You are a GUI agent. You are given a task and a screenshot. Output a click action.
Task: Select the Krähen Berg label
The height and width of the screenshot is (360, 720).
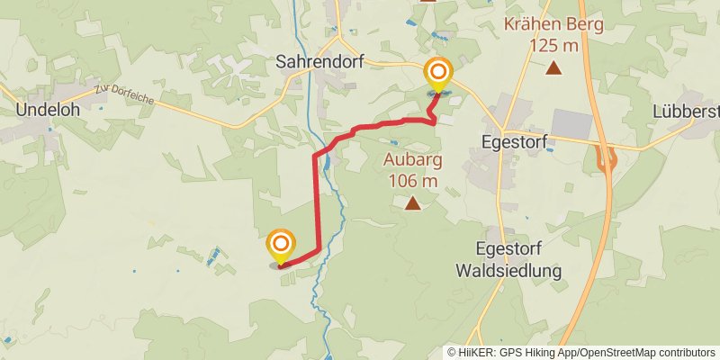coord(554,24)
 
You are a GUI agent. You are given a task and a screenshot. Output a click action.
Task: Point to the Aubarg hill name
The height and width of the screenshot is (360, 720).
coord(413,161)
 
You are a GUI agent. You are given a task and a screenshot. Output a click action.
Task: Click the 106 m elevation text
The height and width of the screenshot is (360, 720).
coord(413,181)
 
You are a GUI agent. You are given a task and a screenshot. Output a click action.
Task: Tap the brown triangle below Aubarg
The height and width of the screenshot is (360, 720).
coord(413,204)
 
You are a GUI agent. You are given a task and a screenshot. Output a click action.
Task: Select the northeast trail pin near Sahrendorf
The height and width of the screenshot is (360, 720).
coord(438,73)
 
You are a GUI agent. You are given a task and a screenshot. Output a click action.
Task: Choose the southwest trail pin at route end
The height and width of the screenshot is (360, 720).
coord(281,244)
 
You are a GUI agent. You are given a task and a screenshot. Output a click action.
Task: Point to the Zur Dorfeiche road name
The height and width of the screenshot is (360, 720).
coord(123,95)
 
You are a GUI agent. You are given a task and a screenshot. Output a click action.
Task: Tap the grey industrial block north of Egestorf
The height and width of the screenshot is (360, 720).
coord(572,124)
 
